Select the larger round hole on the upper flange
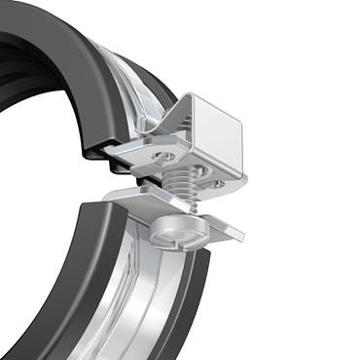[166, 155]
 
